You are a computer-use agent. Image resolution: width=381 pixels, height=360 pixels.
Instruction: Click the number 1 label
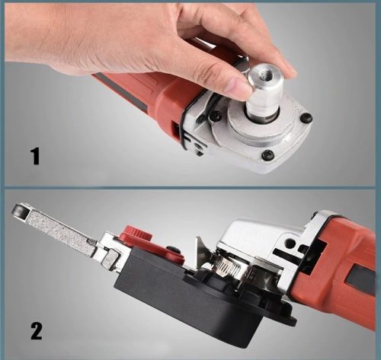pyautogui.click(x=35, y=157)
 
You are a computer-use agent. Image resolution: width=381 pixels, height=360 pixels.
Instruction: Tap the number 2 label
pyautogui.click(x=37, y=331)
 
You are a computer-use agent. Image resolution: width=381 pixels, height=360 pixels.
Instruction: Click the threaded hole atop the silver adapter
pyautogui.click(x=264, y=73)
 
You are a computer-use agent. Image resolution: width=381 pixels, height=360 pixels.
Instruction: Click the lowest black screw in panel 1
pyautogui.click(x=267, y=154)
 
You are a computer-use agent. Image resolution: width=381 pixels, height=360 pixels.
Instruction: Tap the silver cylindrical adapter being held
pyautogui.click(x=264, y=91)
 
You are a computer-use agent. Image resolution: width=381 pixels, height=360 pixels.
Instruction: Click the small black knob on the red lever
pyautogui.click(x=173, y=250)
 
